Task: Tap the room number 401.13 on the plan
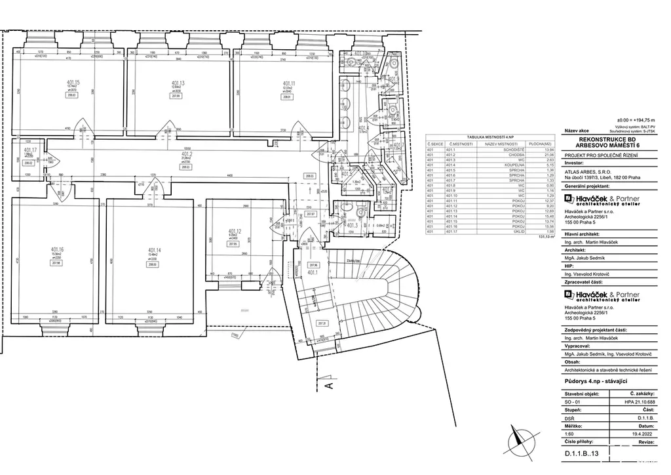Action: (x=178, y=83)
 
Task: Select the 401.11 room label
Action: (x=288, y=83)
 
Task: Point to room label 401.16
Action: (x=57, y=249)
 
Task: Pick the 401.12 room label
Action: (x=235, y=231)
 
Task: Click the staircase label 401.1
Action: (x=313, y=272)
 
